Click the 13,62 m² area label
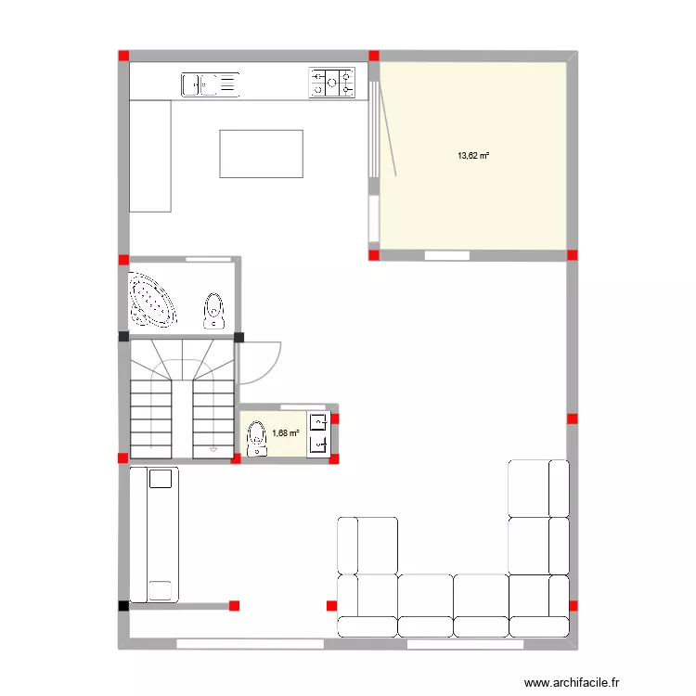472,156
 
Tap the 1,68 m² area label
285,432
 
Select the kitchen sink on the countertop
210,84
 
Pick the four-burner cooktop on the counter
332,84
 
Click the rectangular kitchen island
262,154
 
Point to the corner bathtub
153,300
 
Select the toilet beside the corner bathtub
214,311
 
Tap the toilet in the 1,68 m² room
256,438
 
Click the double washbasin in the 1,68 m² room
317,433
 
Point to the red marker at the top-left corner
123,57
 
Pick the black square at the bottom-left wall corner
123,606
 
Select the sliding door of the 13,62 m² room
374,130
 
